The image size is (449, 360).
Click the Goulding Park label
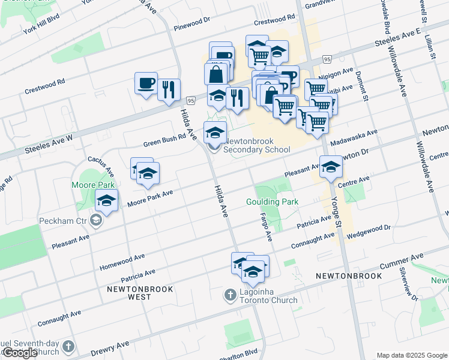point(272,202)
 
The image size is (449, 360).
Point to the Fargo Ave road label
point(265,227)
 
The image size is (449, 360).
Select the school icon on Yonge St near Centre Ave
point(330,167)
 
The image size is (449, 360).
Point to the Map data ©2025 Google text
point(412,355)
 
